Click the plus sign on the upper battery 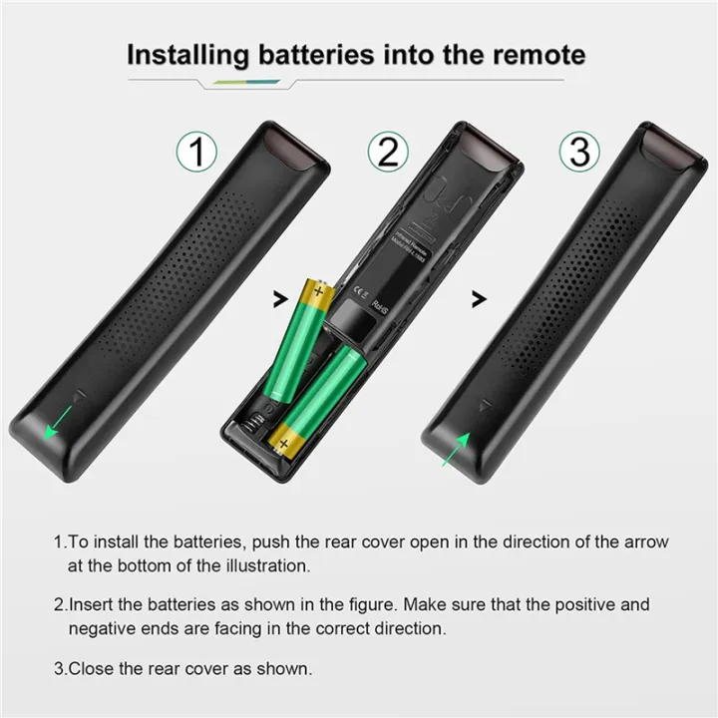(x=318, y=292)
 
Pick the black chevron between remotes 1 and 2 (x=277, y=296)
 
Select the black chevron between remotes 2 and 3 (x=479, y=296)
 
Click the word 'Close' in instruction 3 (x=91, y=667)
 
